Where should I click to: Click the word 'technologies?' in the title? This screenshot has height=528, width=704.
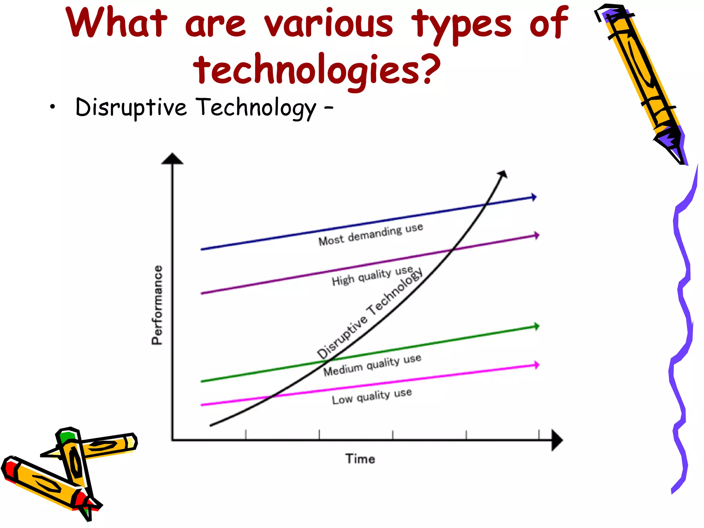317,69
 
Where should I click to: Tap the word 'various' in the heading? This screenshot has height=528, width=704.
329,23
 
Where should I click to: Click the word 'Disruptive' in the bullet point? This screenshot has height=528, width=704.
131,107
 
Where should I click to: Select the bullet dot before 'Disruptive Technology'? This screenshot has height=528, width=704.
52,108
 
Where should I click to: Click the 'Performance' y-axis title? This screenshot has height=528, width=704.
157,305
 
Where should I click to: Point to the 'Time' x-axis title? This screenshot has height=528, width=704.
360,459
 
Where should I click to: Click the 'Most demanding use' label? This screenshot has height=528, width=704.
371,235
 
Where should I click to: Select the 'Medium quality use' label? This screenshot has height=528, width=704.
372,365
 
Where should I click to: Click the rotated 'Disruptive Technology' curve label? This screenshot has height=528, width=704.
370,313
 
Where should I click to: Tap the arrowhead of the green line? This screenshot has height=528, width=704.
536,326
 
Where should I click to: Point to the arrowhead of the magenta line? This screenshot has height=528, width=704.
536,365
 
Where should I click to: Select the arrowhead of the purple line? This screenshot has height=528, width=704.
536,235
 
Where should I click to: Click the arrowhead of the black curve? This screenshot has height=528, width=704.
503,174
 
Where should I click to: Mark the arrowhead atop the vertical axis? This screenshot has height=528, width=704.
173,159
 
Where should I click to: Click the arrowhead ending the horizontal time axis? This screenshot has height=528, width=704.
557,440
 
